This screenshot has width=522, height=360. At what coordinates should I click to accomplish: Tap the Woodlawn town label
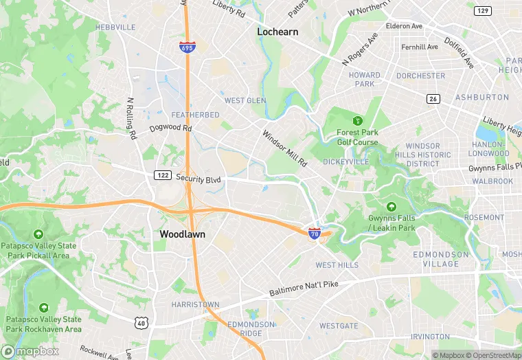pyautogui.click(x=183, y=234)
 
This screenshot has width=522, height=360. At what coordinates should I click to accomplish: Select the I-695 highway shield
pyautogui.click(x=187, y=47)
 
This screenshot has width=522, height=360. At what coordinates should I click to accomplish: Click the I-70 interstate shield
pyautogui.click(x=315, y=234)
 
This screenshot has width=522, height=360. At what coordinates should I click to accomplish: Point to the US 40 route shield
pyautogui.click(x=141, y=322)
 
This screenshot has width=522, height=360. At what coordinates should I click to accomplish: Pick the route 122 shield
pyautogui.click(x=162, y=175)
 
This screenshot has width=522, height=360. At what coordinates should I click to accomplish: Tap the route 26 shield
pyautogui.click(x=433, y=98)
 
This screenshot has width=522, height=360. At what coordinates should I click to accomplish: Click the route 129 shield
pyautogui.click(x=484, y=11)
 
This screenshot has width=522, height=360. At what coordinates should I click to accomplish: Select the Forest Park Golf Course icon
pyautogui.click(x=357, y=121)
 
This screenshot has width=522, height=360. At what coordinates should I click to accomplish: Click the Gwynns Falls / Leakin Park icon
pyautogui.click(x=391, y=206)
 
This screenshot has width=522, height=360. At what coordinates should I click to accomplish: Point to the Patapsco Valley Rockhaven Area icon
pyautogui.click(x=44, y=308)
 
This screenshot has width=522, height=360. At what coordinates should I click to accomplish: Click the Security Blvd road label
pyautogui.click(x=199, y=179)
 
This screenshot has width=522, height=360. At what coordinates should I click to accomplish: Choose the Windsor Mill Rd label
pyautogui.click(x=284, y=148)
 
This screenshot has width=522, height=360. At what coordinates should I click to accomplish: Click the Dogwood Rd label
pyautogui.click(x=170, y=128)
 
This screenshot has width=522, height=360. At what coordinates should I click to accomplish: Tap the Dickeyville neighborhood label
pyautogui.click(x=345, y=162)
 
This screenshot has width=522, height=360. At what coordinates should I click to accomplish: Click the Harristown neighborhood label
pyautogui.click(x=196, y=304)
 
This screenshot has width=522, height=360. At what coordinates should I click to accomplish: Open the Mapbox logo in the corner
pyautogui.click(x=30, y=351)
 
